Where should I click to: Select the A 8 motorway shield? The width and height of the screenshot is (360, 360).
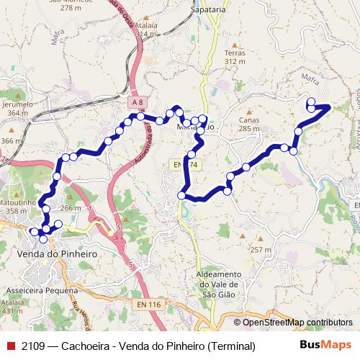138,103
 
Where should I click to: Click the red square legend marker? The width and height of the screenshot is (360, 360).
9,346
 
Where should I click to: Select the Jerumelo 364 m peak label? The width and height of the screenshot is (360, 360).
19,108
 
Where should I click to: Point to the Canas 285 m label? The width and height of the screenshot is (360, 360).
248,124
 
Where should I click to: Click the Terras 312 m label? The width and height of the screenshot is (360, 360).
235,58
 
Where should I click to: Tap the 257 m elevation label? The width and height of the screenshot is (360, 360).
260,249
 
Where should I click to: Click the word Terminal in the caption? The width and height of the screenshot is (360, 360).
231,346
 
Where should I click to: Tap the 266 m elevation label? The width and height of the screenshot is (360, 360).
71,208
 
